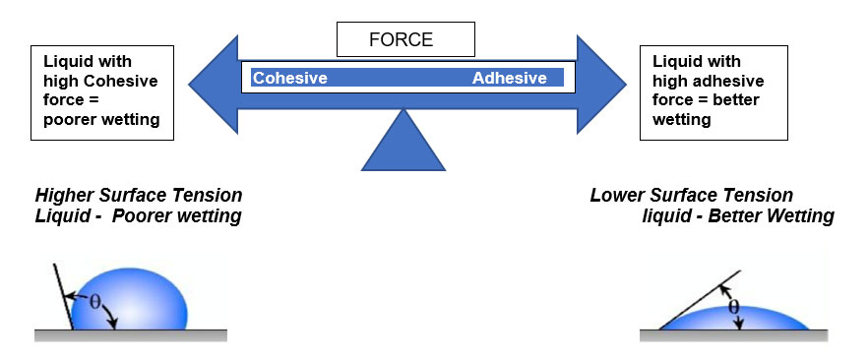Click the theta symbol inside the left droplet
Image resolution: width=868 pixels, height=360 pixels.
coord(95,304)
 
